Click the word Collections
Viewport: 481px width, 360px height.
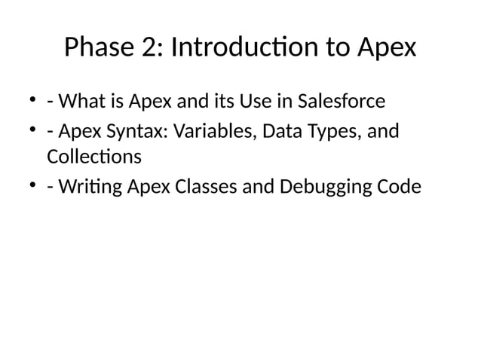point(93,158)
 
